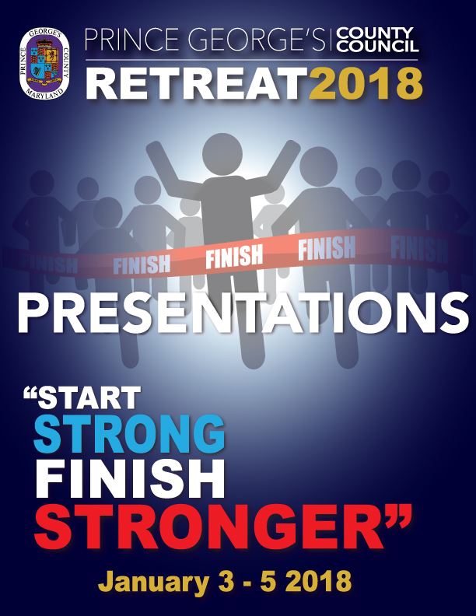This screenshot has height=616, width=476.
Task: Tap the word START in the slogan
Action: tap(93, 399)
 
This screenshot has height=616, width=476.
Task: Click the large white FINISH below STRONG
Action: tap(120, 474)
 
